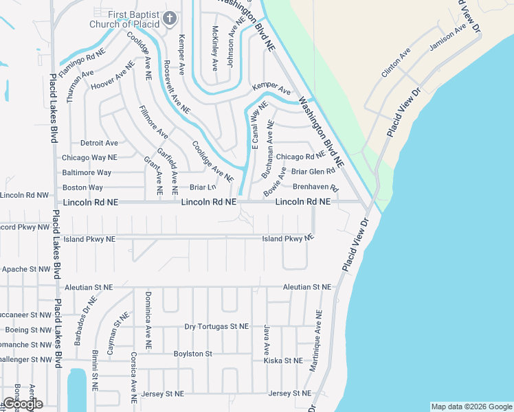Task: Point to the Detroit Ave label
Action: pos(99,143)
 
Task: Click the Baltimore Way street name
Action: pos(87,172)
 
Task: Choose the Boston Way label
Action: pos(82,187)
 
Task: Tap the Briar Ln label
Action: pos(203,187)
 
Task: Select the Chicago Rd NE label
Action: pos(300,157)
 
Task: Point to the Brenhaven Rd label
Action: pos(316,187)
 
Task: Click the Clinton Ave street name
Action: pos(395,62)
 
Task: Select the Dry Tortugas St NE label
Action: pos(216,326)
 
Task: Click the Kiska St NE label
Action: pos(283,360)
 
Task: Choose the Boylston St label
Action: pos(193,354)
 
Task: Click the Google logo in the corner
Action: pos(22,403)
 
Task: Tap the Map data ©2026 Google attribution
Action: pos(471,407)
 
